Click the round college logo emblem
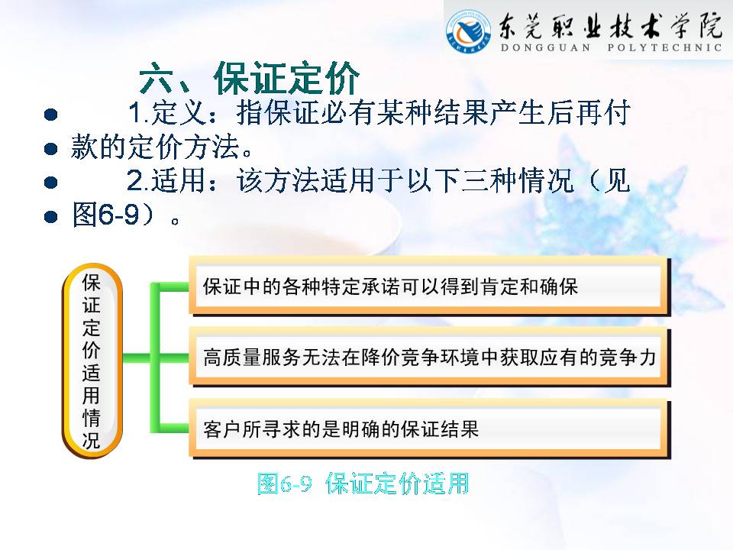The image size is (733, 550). coord(469,31)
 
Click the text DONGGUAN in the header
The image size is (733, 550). coord(545,47)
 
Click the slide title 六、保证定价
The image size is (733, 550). coord(249,79)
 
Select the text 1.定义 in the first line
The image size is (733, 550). coord(167,113)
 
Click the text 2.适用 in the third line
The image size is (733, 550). coord(166,181)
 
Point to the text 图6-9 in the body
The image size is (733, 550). coord(106,215)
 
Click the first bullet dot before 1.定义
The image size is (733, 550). coord(50,115)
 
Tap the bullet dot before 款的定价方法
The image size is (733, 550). coord(50,149)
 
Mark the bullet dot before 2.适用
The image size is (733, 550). coord(50,182)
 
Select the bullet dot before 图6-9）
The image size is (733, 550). coord(50,216)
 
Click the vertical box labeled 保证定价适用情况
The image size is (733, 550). coord(92,361)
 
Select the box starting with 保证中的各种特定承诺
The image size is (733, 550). coord(430,286)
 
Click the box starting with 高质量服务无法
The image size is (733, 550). coord(430,357)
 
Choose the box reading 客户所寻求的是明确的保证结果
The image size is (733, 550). coord(430,429)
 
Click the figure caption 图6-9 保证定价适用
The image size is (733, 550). coord(363,483)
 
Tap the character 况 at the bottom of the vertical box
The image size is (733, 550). coord(92,440)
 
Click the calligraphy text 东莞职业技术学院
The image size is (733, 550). coord(611,26)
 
